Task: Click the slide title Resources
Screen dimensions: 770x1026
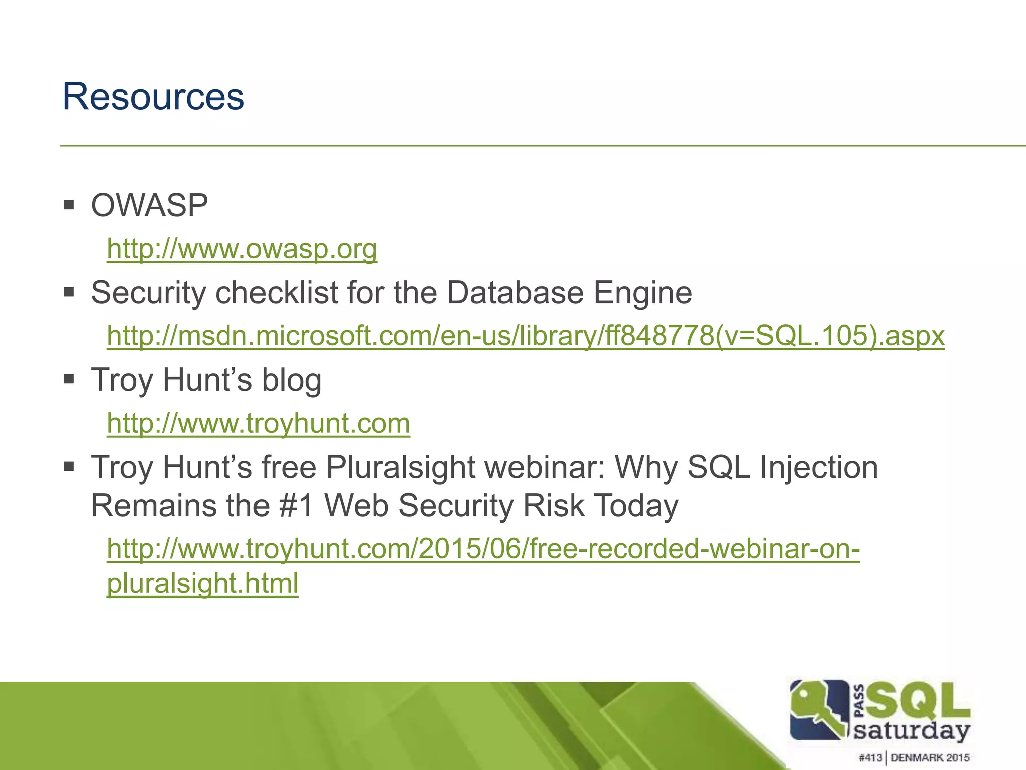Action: [x=153, y=96]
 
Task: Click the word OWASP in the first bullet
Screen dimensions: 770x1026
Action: [x=149, y=205]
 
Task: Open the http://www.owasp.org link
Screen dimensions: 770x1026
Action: [x=242, y=249]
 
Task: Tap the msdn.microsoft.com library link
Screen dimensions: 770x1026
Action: [x=526, y=335]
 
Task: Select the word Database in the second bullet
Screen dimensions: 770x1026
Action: [x=515, y=292]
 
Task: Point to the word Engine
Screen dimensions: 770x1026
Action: [x=643, y=293]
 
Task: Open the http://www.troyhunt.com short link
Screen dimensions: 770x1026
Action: [x=259, y=423]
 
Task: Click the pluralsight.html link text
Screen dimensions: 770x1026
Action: [x=202, y=583]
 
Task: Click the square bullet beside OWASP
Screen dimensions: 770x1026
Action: [x=69, y=205]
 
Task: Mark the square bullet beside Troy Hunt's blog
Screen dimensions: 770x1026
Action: [x=69, y=379]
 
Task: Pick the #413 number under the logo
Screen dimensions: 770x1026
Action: [x=870, y=758]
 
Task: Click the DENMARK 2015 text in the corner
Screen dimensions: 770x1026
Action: [x=930, y=758]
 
